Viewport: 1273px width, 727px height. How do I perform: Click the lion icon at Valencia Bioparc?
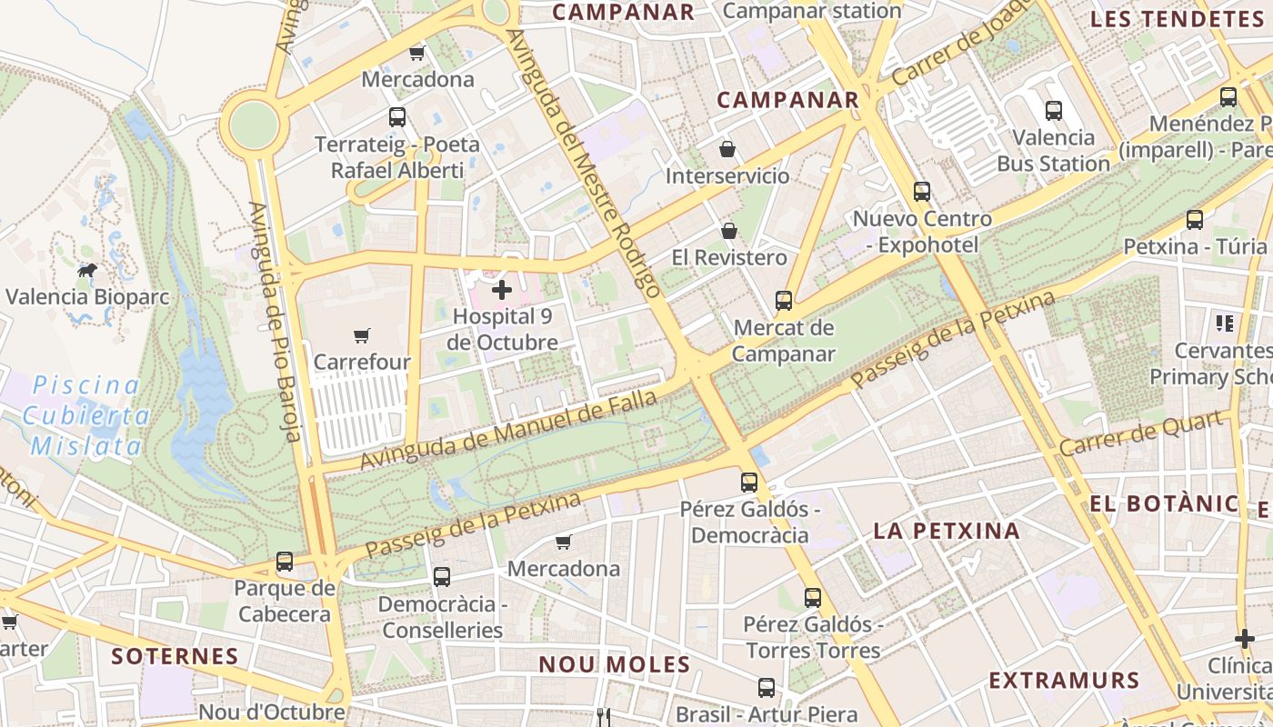point(87,271)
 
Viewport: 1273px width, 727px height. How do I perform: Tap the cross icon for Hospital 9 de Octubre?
point(501,290)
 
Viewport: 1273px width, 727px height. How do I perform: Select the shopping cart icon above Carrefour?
point(362,335)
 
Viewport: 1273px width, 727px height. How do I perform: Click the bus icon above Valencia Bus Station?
point(1054,111)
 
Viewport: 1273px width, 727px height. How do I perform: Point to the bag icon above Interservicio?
point(727,148)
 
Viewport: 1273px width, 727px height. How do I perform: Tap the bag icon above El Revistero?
point(728,231)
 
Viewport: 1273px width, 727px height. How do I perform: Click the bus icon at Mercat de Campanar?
point(783,300)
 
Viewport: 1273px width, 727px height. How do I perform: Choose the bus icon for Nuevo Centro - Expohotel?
point(922,192)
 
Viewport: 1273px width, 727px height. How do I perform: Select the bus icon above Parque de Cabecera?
point(285,562)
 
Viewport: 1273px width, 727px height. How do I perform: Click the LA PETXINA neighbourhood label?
point(947,531)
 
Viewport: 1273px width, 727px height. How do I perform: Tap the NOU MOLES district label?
point(615,664)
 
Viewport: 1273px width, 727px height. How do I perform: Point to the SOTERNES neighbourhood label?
point(175,655)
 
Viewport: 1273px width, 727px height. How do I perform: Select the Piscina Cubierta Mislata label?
point(86,415)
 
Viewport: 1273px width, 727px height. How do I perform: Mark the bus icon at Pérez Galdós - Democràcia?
point(749,482)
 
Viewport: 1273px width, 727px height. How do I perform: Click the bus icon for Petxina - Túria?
point(1195,220)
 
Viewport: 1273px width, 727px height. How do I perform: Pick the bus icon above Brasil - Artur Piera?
point(767,688)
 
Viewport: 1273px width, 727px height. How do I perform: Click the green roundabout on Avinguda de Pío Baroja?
point(254,123)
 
